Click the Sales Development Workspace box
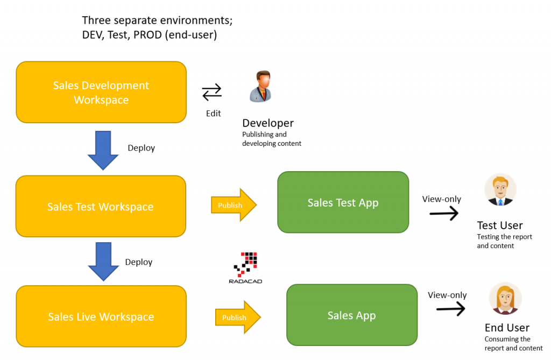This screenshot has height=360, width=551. click(101, 92)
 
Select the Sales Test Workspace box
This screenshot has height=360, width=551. click(101, 207)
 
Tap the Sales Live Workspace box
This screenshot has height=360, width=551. click(101, 316)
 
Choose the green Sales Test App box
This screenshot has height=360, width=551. click(343, 202)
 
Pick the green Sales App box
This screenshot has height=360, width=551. click(351, 315)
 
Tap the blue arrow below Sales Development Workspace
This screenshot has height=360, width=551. click(103, 150)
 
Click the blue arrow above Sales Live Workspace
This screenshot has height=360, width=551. click(103, 262)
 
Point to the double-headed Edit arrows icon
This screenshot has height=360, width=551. click(211, 93)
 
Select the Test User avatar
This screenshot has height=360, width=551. click(500, 190)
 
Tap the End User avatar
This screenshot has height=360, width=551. click(505, 299)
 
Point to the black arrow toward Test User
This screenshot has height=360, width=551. click(444, 214)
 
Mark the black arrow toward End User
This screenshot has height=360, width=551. click(450, 308)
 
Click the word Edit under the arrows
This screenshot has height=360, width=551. click(213, 114)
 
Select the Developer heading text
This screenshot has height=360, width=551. click(268, 123)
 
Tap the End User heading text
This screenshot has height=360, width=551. click(507, 328)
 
